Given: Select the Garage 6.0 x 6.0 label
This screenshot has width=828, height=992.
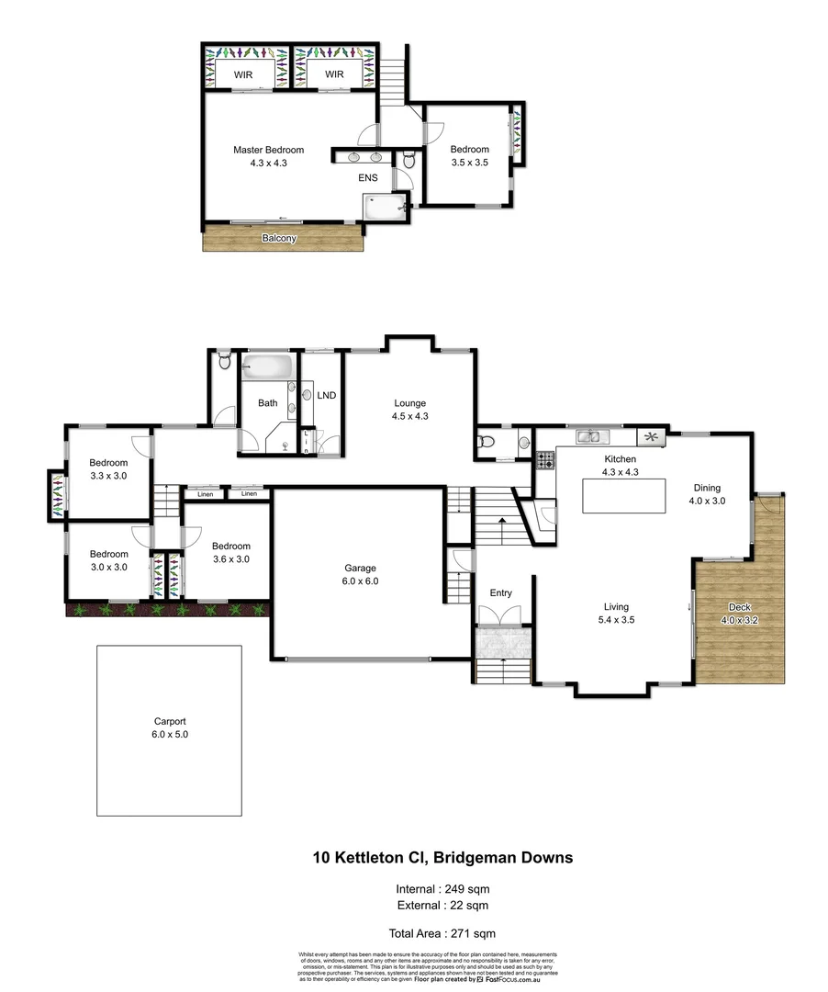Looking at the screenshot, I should [x=361, y=574].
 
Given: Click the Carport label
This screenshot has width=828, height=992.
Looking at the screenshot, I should [x=169, y=727].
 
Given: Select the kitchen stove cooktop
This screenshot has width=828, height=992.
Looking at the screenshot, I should [x=544, y=458].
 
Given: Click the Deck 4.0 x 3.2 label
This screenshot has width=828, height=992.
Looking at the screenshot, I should [x=739, y=614].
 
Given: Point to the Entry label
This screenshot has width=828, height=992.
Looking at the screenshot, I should [x=501, y=592].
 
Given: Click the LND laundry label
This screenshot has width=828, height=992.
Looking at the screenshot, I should [x=326, y=395].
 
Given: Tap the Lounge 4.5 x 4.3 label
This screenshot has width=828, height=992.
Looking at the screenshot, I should [x=409, y=409].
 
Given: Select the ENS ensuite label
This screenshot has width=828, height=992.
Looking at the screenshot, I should [x=368, y=177].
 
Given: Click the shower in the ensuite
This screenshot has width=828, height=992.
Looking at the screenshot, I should [x=385, y=207].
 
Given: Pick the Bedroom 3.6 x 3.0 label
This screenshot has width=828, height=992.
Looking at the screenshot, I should [x=230, y=552].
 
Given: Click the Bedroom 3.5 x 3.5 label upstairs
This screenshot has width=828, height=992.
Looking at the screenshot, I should [x=469, y=155].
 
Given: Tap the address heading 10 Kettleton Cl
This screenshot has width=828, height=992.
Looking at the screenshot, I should [x=442, y=857].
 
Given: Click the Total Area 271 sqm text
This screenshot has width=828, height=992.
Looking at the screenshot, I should [x=442, y=932].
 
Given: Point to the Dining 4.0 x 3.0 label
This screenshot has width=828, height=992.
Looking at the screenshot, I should [x=707, y=494].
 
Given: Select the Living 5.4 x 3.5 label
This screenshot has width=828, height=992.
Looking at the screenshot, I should [x=616, y=613].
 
